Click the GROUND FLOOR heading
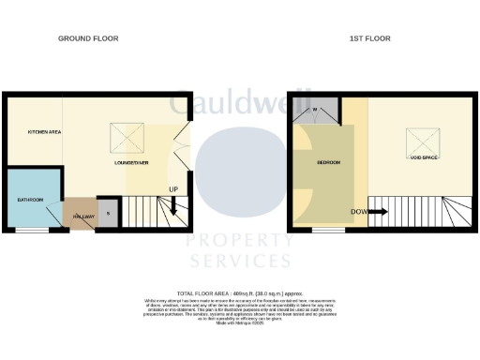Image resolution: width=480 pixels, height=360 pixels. (x=88, y=38)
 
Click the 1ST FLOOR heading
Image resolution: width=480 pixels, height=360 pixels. (x=370, y=38)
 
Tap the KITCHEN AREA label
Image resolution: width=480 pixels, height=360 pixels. (x=43, y=133)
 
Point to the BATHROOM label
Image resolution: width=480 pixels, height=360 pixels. (x=31, y=200)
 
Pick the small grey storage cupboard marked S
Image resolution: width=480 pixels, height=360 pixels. (x=108, y=214)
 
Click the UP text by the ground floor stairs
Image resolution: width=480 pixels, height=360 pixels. (x=173, y=190)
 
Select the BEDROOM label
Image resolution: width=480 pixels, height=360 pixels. (x=327, y=163)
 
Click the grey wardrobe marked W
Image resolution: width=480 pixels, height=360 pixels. (x=315, y=110)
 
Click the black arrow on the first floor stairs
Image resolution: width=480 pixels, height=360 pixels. (x=378, y=212)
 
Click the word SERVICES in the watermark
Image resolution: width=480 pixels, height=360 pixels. (x=240, y=261)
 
